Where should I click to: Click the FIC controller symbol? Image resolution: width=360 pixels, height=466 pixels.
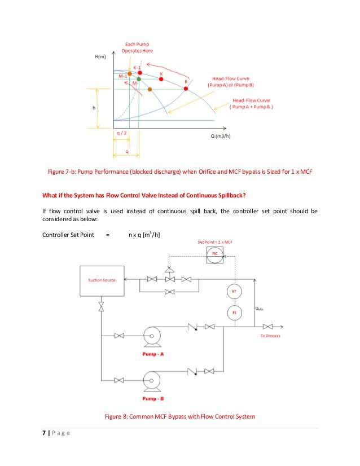click(214, 254)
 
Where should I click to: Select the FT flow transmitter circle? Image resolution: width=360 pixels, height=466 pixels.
click(234, 291)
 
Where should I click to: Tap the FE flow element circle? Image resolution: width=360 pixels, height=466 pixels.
click(234, 312)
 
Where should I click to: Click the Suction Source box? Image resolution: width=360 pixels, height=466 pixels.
click(102, 279)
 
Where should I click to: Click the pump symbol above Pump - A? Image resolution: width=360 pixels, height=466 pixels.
click(151, 336)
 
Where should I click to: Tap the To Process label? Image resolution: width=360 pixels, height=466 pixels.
click(270, 336)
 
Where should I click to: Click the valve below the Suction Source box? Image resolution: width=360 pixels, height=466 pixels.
click(102, 306)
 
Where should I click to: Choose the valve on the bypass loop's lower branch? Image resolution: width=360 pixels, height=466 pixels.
click(169, 292)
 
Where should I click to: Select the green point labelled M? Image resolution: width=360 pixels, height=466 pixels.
click(139, 80)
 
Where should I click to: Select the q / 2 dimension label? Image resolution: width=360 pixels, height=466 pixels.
click(120, 133)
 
